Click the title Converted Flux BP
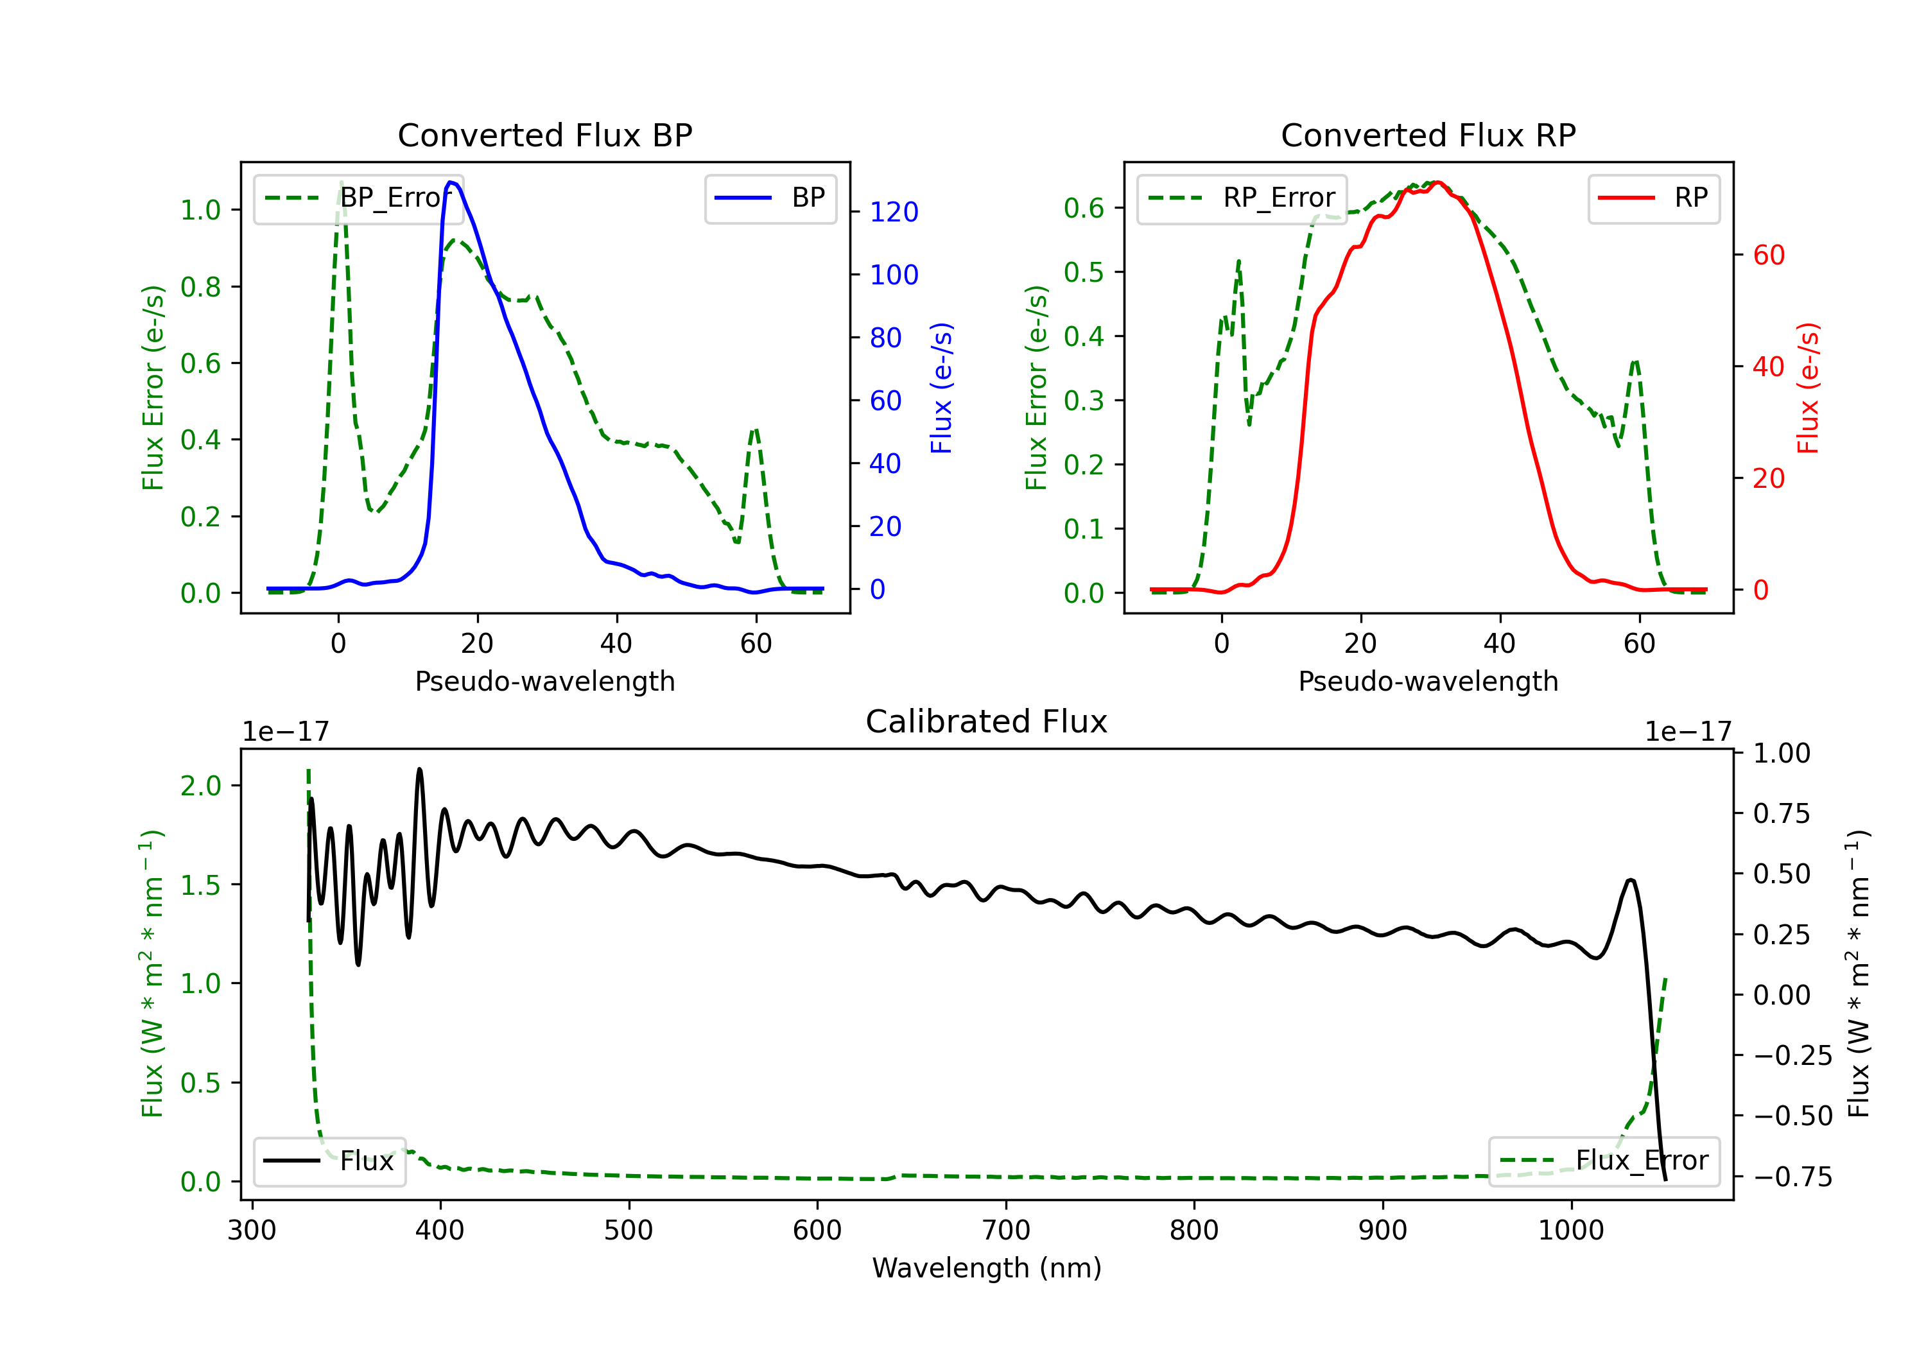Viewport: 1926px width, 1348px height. point(544,135)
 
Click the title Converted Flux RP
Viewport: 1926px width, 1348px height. point(1428,135)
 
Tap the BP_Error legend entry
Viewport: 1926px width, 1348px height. point(358,198)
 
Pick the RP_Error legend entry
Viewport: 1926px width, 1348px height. point(1242,198)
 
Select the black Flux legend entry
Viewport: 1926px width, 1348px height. point(330,1161)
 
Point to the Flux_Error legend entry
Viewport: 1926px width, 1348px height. point(1603,1161)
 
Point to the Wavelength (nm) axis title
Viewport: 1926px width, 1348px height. point(987,1268)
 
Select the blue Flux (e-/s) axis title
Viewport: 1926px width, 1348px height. point(941,388)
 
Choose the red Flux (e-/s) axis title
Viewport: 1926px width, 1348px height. point(1808,388)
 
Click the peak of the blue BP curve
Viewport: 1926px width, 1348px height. point(451,182)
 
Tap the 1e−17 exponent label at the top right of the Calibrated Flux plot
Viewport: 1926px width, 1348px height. point(1688,732)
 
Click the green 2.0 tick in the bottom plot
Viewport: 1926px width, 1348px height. point(200,786)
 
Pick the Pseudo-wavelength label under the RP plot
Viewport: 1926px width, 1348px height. point(1428,681)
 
